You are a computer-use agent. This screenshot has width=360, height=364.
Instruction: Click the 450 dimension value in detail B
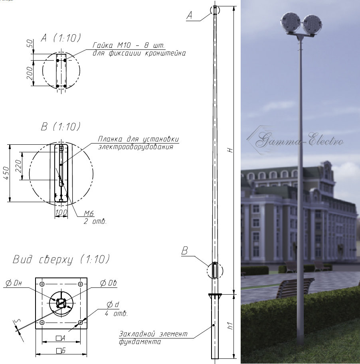[x=6, y=173]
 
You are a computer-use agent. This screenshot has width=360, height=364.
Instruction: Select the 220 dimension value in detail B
[x=19, y=166]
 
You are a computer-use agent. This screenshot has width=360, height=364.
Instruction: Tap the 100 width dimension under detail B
[x=61, y=212]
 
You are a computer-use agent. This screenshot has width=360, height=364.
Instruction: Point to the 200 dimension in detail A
[x=30, y=73]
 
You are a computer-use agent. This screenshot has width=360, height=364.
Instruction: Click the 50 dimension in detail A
[x=30, y=43]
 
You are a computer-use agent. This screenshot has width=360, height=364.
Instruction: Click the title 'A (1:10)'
[x=61, y=37]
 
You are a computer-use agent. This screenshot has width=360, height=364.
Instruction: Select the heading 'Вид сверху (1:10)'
[x=61, y=259]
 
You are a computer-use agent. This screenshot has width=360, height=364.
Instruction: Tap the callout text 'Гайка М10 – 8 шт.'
[x=129, y=45]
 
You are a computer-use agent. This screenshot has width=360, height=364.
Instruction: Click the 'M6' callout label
[x=89, y=214]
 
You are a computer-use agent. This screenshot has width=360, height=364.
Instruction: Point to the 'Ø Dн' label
[x=14, y=283]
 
